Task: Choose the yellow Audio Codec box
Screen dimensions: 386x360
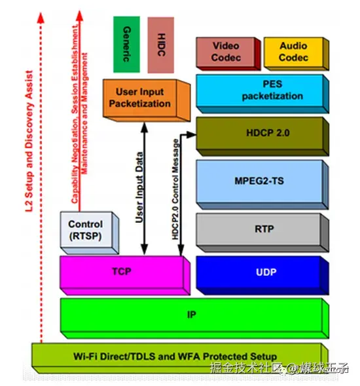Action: [293, 52]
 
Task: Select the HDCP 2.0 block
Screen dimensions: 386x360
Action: [261, 134]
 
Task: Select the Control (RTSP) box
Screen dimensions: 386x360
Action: [86, 230]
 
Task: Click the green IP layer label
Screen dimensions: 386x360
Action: [191, 315]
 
